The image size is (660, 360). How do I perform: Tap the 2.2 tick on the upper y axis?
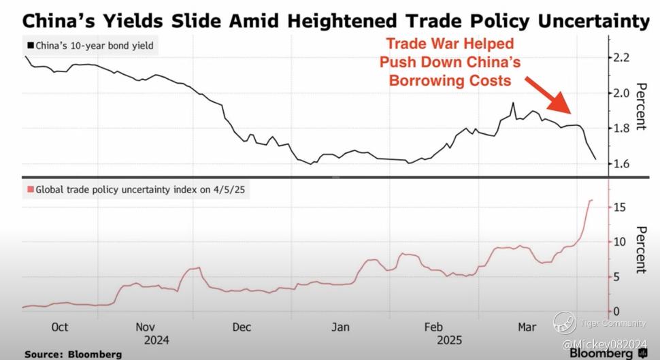click(x=621, y=57)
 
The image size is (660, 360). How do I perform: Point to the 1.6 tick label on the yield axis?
click(x=621, y=164)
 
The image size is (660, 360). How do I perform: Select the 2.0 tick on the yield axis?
click(x=621, y=93)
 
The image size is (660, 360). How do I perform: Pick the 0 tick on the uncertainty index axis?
click(x=618, y=311)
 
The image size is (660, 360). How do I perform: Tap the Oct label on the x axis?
click(x=60, y=327)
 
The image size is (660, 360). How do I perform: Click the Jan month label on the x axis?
click(x=340, y=327)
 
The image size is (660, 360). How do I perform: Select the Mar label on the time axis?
click(x=527, y=327)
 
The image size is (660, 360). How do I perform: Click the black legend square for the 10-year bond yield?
click(x=30, y=46)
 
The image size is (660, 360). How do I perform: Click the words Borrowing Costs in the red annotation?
click(x=449, y=81)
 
